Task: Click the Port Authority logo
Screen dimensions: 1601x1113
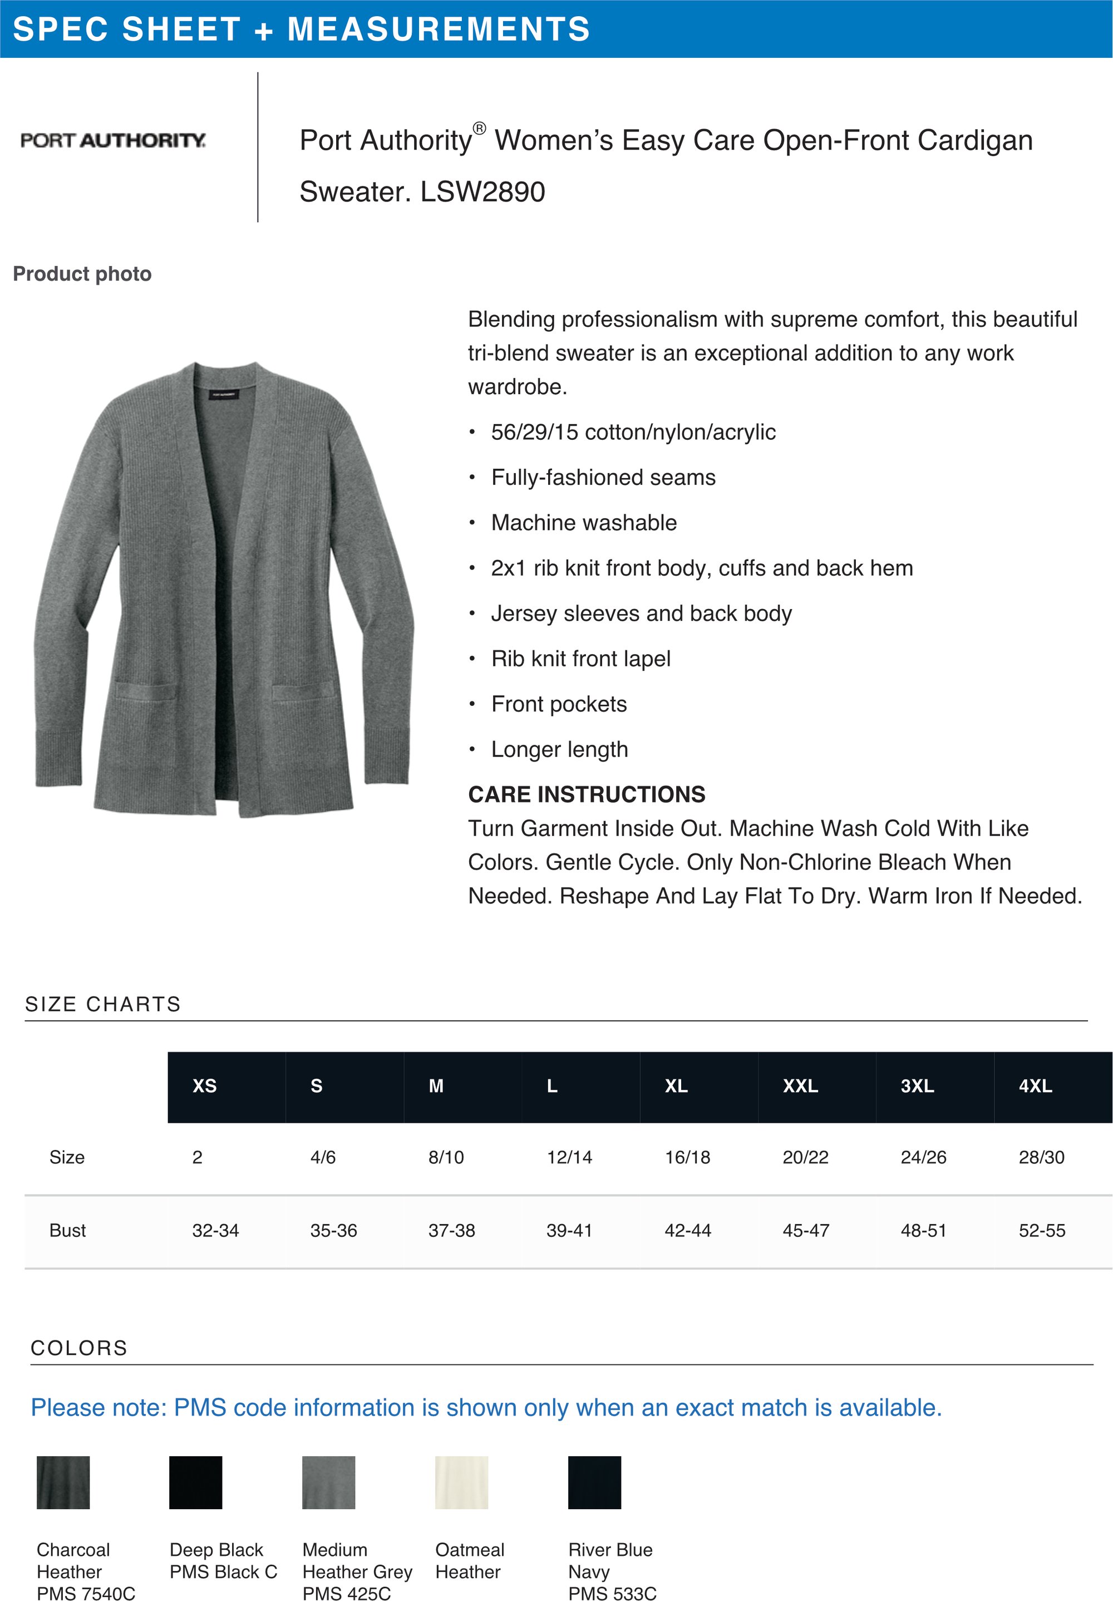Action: click(x=113, y=140)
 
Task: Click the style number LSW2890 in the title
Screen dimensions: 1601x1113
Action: click(x=482, y=191)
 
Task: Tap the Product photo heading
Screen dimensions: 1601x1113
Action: click(x=82, y=274)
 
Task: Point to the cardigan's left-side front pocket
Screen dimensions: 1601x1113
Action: click(x=145, y=692)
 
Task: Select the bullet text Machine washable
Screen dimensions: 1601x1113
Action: click(x=583, y=523)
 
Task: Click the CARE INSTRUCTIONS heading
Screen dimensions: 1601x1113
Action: click(x=586, y=794)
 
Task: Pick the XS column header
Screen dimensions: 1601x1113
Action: click(x=204, y=1086)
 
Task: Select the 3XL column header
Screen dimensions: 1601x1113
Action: click(x=917, y=1086)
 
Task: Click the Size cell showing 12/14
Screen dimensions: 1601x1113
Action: click(x=569, y=1157)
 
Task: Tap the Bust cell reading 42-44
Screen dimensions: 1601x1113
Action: click(x=687, y=1231)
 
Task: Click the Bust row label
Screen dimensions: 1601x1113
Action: click(x=67, y=1231)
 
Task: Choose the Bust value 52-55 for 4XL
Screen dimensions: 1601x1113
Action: click(x=1041, y=1231)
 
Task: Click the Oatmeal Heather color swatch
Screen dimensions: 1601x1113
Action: click(x=461, y=1482)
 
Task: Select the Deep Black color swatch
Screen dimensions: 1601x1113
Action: click(x=196, y=1482)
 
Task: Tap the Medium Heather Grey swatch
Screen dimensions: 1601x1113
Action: click(x=328, y=1482)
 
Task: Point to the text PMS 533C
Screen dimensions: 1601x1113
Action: click(x=612, y=1593)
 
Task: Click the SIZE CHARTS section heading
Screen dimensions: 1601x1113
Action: click(x=103, y=1004)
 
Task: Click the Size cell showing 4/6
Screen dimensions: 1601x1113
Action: click(x=323, y=1157)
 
